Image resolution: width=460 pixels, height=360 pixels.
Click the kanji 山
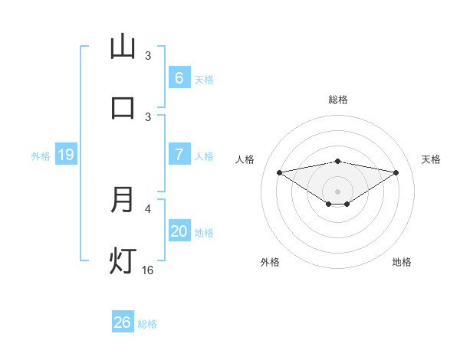click(123, 47)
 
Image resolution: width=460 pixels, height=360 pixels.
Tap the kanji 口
click(123, 108)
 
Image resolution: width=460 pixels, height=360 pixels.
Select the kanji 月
click(123, 200)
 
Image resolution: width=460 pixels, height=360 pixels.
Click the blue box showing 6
click(179, 77)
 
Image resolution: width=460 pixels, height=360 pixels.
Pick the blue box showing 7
click(179, 154)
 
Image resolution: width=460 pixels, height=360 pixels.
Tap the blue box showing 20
click(179, 231)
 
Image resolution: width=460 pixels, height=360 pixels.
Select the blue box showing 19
click(65, 155)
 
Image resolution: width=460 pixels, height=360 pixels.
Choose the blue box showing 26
click(123, 322)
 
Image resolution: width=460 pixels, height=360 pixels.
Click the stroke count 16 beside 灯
click(148, 270)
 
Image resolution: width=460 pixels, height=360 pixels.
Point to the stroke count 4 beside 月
click(148, 208)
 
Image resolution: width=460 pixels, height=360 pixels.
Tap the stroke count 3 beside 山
click(148, 56)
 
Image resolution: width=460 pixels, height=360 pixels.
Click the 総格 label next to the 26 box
click(147, 324)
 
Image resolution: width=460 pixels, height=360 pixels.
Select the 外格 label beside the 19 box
click(41, 156)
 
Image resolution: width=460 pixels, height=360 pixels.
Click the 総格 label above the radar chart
click(338, 100)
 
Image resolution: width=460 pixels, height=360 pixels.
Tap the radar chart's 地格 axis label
click(402, 262)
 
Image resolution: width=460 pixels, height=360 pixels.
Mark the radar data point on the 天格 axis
click(396, 172)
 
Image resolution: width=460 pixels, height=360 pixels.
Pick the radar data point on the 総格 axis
click(338, 161)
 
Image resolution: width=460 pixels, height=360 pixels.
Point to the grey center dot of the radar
click(338, 191)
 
